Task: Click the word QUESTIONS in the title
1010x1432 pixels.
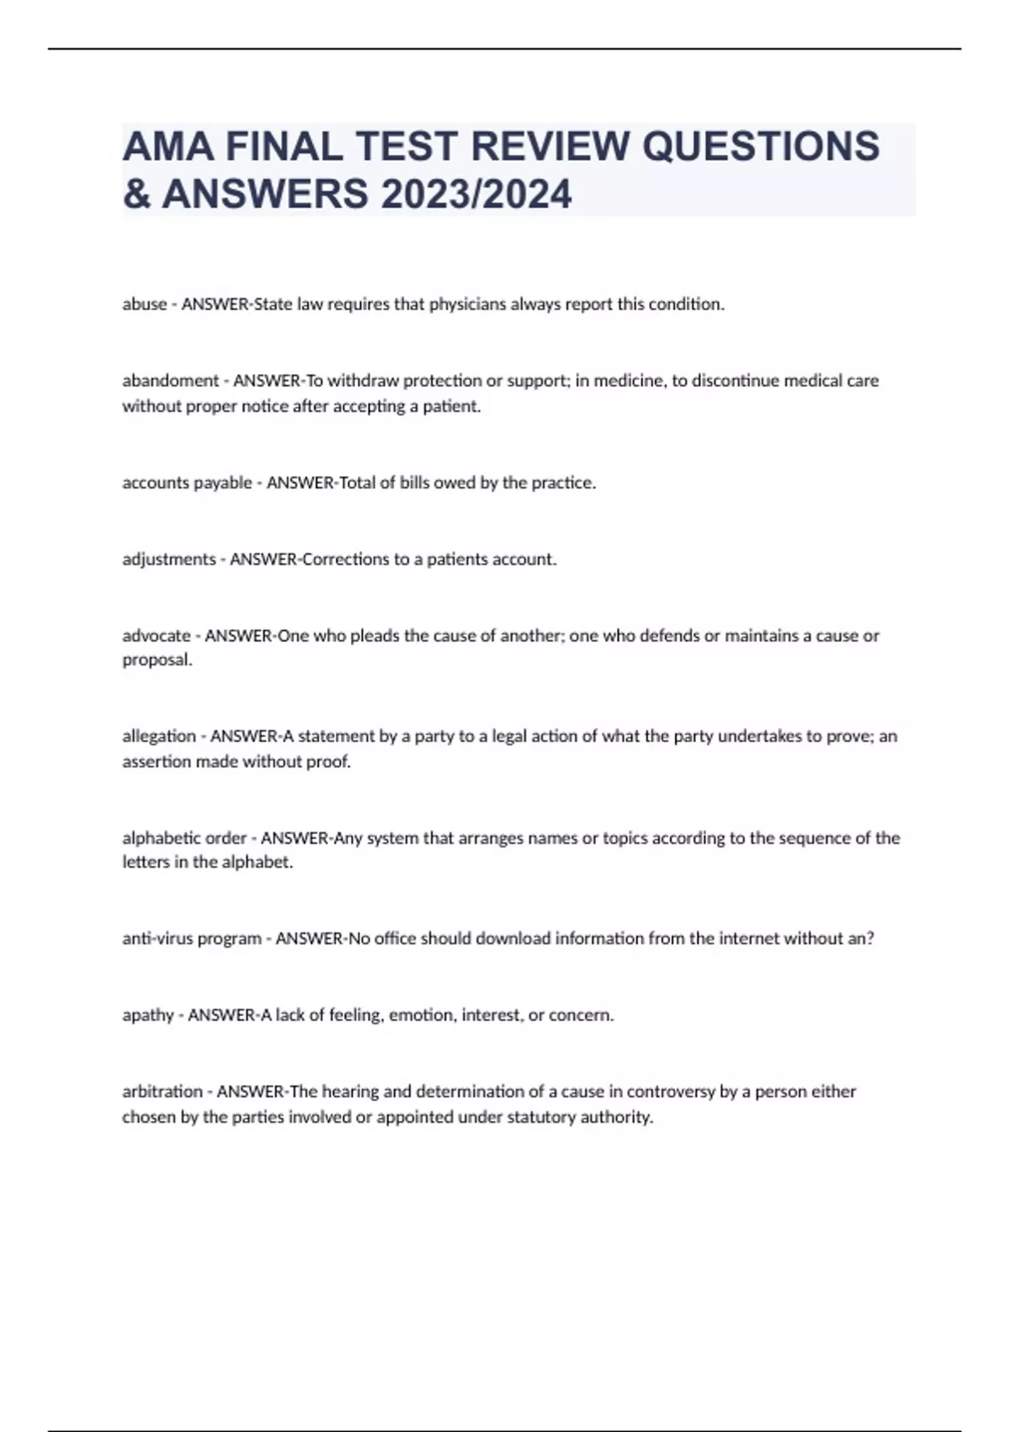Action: [x=761, y=147]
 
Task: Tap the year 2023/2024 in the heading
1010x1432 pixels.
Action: [x=476, y=194]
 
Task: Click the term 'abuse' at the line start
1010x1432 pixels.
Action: [x=145, y=304]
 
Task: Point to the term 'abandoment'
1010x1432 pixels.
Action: [x=170, y=381]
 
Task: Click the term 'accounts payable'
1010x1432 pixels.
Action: [x=187, y=483]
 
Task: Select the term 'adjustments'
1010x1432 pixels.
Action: [x=168, y=559]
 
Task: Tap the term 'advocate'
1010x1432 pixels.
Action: [x=157, y=636]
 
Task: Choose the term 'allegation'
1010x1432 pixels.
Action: [x=159, y=736]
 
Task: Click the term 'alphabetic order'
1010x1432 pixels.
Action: [x=184, y=838]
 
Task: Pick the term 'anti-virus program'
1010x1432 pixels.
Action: [x=192, y=938]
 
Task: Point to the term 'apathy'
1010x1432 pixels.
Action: [x=148, y=1015]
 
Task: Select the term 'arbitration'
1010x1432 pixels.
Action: [x=162, y=1092]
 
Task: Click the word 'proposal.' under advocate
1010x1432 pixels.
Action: [x=157, y=660]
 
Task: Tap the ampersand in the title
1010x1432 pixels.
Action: [x=136, y=194]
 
